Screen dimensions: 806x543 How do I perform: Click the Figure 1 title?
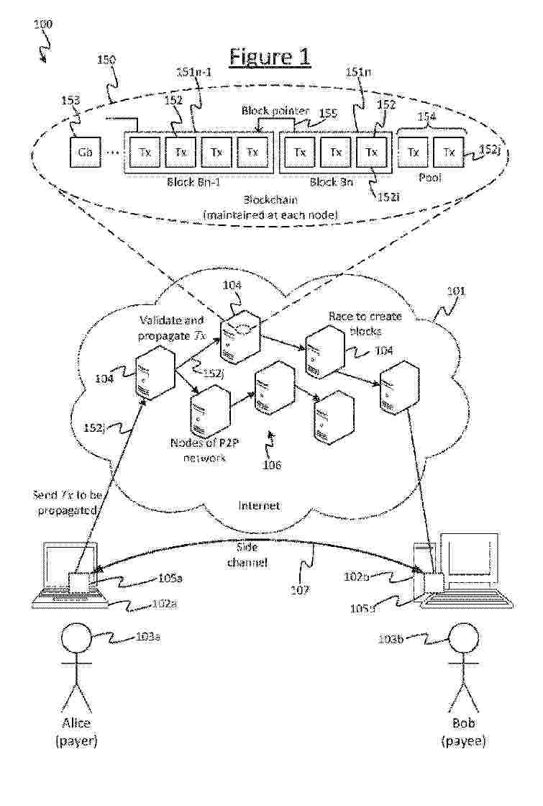pos(269,57)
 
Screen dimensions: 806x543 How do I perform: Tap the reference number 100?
pos(42,24)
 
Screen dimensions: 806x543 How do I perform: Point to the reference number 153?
pos(70,101)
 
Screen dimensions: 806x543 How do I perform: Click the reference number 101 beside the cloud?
pos(456,291)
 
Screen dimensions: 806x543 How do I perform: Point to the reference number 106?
pos(271,465)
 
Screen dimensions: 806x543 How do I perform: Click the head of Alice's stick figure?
pos(77,638)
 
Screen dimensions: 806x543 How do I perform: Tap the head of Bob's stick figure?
pos(462,638)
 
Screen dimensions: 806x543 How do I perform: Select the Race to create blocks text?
pos(365,323)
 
